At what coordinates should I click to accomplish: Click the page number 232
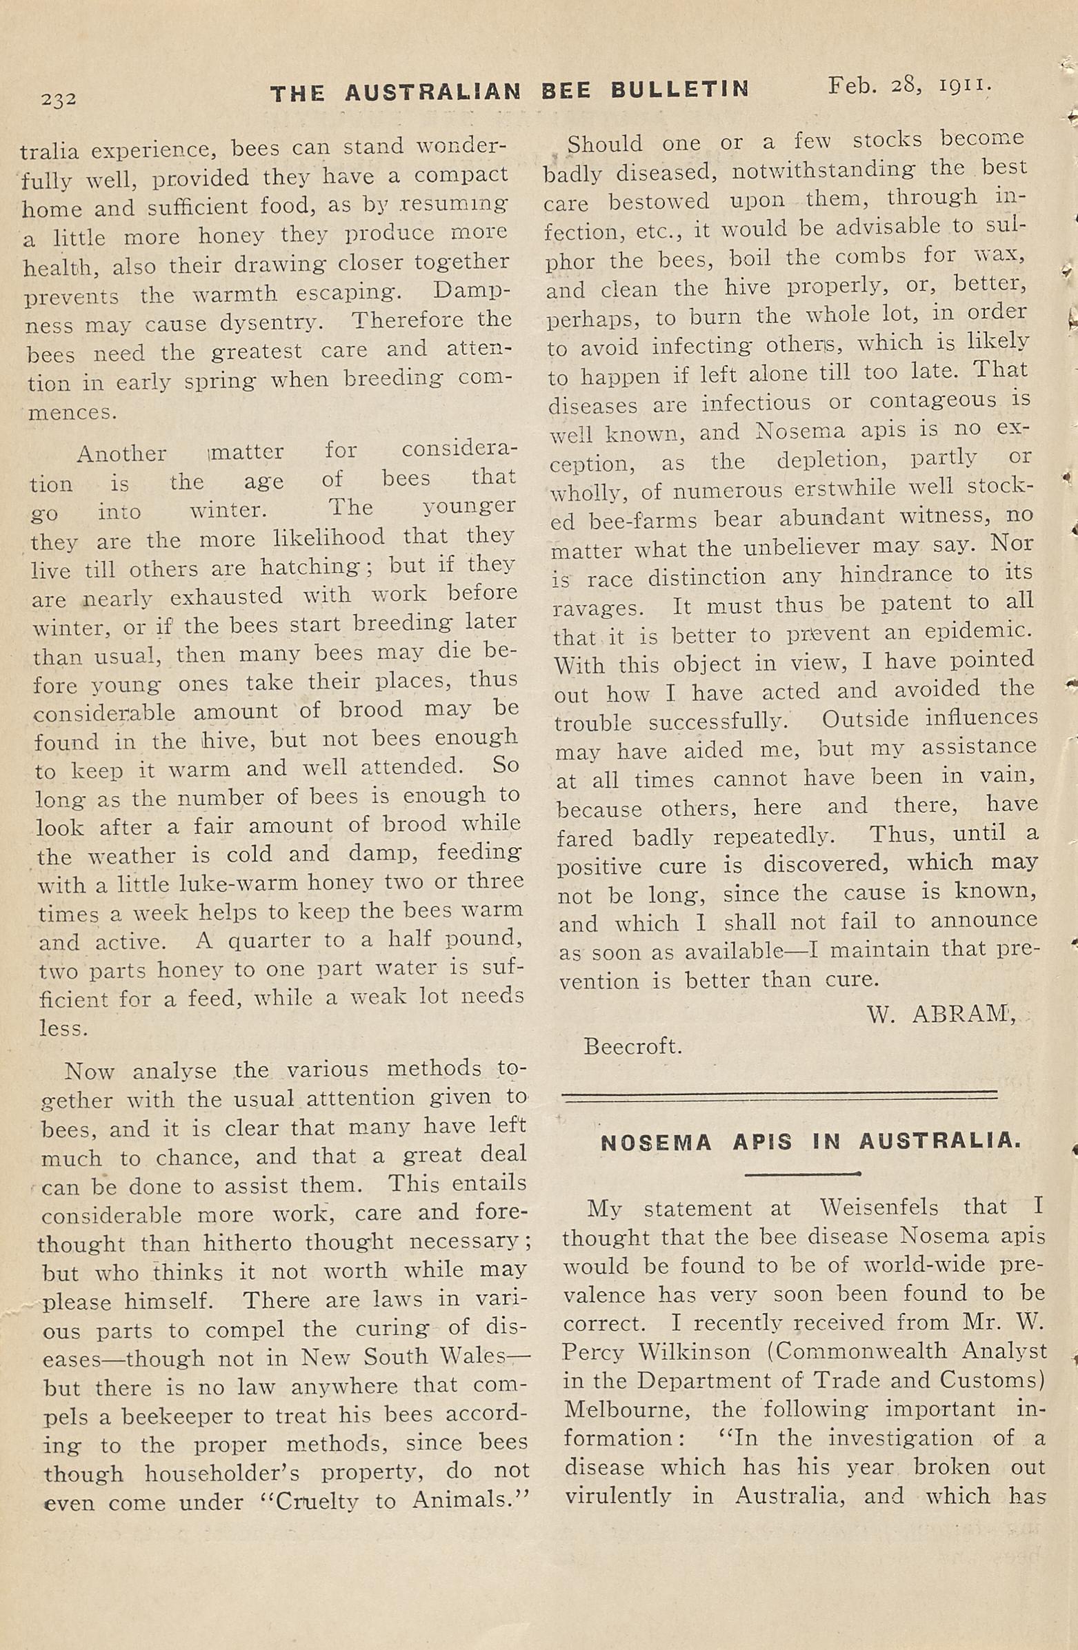[x=58, y=99]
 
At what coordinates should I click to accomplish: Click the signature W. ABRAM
[x=941, y=1015]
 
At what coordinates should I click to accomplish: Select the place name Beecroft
[x=632, y=1046]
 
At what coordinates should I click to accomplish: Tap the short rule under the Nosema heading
[x=803, y=1174]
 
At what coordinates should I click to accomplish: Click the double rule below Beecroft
[x=778, y=1097]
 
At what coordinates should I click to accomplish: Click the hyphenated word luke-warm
[x=239, y=883]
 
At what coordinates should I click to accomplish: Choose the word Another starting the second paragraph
[x=121, y=454]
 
